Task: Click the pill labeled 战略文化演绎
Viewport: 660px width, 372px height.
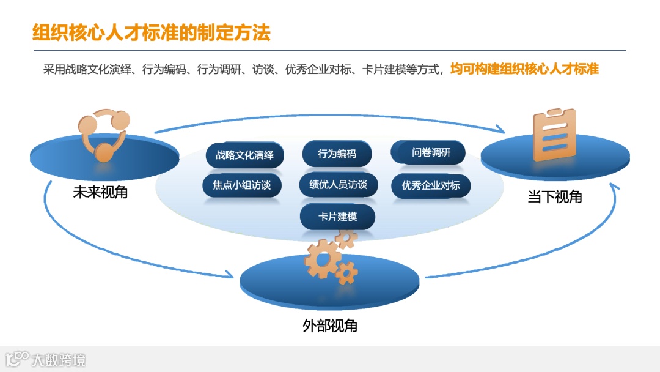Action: (x=244, y=155)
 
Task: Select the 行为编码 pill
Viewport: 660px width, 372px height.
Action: (x=337, y=154)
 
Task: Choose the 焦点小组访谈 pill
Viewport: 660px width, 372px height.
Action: (x=242, y=185)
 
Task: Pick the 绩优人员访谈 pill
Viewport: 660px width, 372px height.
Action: (x=339, y=184)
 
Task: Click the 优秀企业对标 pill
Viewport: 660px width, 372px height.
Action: (x=431, y=185)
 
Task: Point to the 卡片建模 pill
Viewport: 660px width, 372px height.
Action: (x=337, y=217)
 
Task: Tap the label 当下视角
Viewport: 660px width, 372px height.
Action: (x=555, y=197)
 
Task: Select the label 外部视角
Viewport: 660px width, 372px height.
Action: (x=330, y=325)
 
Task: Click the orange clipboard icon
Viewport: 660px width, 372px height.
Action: (x=554, y=135)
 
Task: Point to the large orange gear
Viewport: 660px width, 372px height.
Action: (x=322, y=258)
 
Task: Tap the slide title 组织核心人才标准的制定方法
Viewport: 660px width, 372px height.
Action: (x=151, y=32)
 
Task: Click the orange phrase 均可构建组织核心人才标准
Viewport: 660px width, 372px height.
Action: (x=524, y=69)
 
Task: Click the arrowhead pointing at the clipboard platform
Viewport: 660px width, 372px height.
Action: (x=501, y=129)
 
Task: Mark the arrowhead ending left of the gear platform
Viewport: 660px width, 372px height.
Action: (x=229, y=275)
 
